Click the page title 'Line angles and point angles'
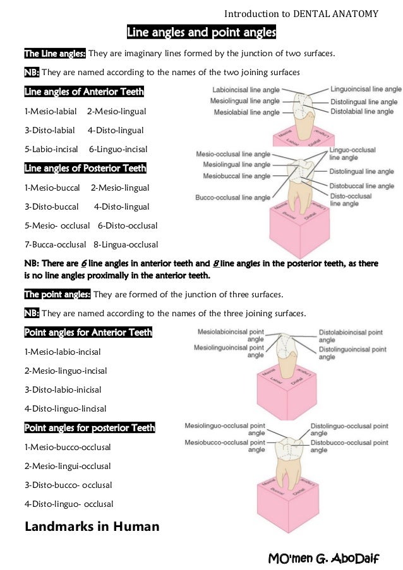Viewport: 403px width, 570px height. click(x=201, y=32)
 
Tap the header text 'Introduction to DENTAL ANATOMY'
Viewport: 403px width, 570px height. click(x=301, y=13)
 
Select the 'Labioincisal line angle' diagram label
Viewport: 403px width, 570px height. click(x=246, y=90)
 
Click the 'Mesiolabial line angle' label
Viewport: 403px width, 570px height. click(x=246, y=112)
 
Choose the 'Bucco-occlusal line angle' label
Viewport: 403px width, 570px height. click(x=233, y=198)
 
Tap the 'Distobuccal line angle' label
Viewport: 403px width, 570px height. click(x=361, y=186)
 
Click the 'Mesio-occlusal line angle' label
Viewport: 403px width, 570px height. click(x=233, y=154)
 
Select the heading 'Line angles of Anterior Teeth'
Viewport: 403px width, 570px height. click(x=84, y=92)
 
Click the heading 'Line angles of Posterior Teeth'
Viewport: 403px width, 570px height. click(x=85, y=169)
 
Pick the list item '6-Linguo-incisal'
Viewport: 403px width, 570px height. click(x=118, y=150)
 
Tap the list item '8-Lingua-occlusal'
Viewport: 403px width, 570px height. click(x=126, y=244)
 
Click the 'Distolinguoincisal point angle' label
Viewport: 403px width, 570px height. click(x=351, y=352)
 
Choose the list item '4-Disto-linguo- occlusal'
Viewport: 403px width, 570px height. click(x=69, y=504)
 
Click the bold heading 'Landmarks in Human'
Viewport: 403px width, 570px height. click(x=92, y=526)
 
